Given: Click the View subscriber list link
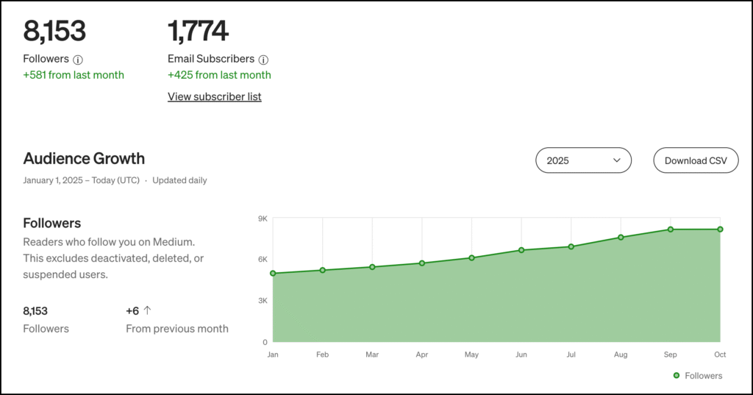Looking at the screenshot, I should (x=214, y=96).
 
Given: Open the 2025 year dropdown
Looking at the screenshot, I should (x=583, y=160).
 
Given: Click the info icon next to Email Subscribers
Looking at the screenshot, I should (x=264, y=60).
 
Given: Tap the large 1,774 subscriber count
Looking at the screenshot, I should (x=198, y=31).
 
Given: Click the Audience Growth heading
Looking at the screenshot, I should (x=84, y=158).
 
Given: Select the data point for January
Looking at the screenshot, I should (x=273, y=274).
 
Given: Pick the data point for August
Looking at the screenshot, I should (x=621, y=238).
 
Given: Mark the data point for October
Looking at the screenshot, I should (x=720, y=229).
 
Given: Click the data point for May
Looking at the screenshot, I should (x=471, y=258).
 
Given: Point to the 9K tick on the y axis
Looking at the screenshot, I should (x=263, y=218).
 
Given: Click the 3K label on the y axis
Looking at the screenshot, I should (x=263, y=301).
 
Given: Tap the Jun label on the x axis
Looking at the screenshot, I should (x=521, y=355).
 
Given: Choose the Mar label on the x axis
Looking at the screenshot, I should (x=372, y=355).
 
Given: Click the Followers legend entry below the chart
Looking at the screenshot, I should (x=698, y=376).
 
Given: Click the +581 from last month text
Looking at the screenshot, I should (x=74, y=75).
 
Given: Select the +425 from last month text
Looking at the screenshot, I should (x=219, y=75).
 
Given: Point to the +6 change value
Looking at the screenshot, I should (x=132, y=311).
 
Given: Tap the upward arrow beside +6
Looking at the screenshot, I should (x=147, y=310).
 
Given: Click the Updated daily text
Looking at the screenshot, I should (x=179, y=180).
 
